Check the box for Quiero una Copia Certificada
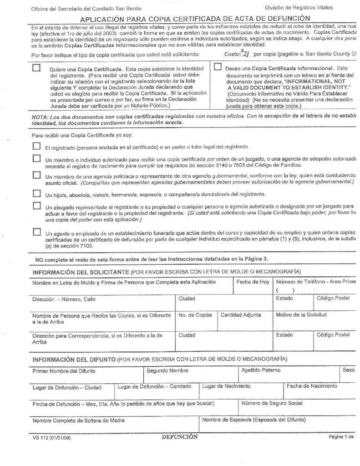coord(36,68)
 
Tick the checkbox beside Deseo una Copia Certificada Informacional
coord(218,67)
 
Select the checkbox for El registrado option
coord(36,147)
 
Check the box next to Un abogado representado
coord(36,206)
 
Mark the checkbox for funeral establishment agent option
coord(36,233)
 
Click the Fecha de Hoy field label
coord(253,282)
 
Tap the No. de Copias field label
coord(195,315)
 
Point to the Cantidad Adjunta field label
coord(241,315)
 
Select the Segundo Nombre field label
coord(167,370)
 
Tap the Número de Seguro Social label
coord(272,403)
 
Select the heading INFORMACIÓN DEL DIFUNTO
coord(74,359)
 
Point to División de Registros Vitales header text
coord(299,8)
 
